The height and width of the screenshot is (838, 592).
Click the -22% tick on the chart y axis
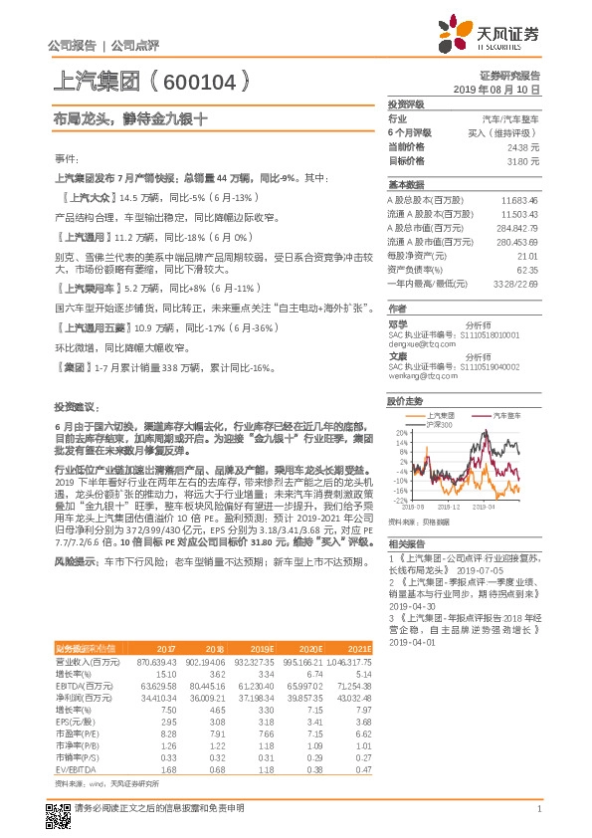click(399, 500)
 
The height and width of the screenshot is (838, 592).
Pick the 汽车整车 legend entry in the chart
click(485, 414)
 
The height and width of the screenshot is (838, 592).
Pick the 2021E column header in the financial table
click(359, 648)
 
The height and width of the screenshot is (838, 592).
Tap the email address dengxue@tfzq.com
click(414, 344)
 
